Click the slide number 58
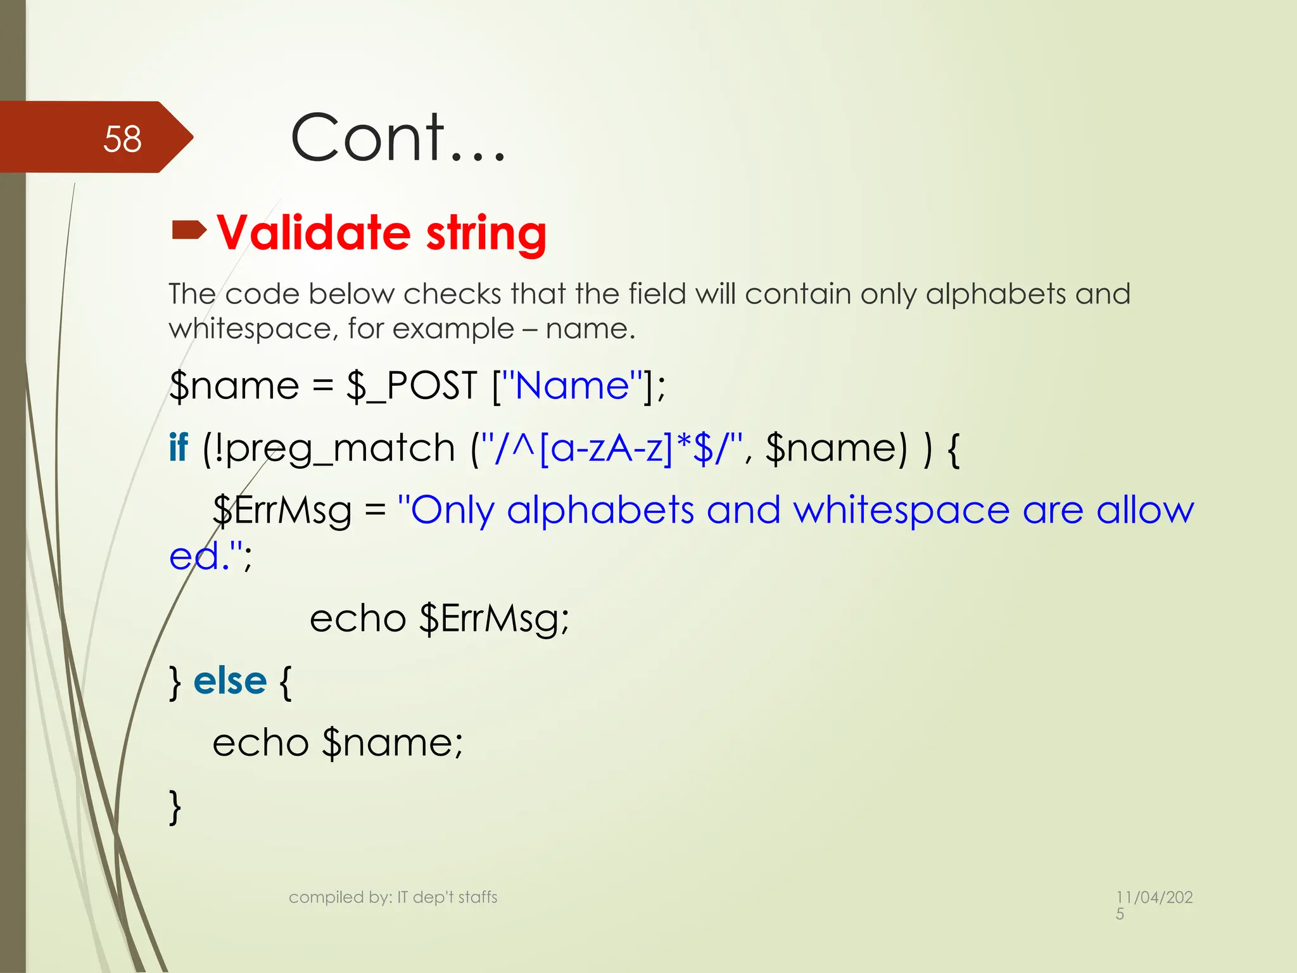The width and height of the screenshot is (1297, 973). [122, 139]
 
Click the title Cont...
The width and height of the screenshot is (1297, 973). [397, 137]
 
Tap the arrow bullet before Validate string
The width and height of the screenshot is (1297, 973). [189, 230]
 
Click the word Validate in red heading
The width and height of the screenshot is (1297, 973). [313, 232]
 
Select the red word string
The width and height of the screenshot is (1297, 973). [486, 234]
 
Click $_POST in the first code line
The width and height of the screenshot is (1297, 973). [412, 385]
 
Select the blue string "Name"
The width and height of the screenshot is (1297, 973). [573, 385]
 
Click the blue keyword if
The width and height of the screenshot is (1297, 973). [179, 447]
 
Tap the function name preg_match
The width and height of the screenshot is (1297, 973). [341, 448]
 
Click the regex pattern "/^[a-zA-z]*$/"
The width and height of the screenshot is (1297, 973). [611, 448]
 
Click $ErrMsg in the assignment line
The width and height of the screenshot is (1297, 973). [282, 511]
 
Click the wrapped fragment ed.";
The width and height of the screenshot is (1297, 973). [210, 556]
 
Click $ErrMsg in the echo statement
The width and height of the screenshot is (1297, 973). [494, 618]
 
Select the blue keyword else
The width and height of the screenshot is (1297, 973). [230, 681]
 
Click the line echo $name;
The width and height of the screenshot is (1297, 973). [338, 742]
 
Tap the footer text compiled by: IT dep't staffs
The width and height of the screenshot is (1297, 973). [393, 897]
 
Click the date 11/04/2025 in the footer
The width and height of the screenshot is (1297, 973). [1154, 904]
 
